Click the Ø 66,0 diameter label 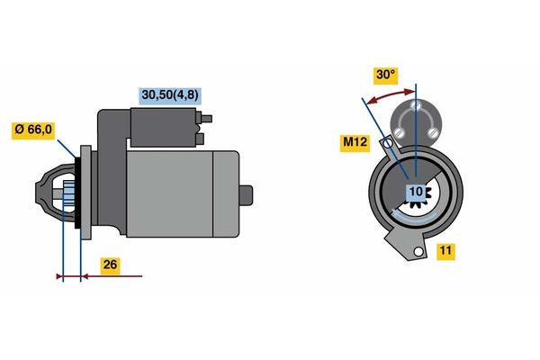click(x=33, y=130)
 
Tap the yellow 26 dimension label click(x=110, y=265)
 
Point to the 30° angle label click(x=386, y=76)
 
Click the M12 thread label click(x=355, y=142)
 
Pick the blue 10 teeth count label click(x=416, y=193)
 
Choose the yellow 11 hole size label click(x=446, y=251)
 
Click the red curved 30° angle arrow click(x=390, y=95)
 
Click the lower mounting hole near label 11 click(x=418, y=252)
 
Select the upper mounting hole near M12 click(x=388, y=142)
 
